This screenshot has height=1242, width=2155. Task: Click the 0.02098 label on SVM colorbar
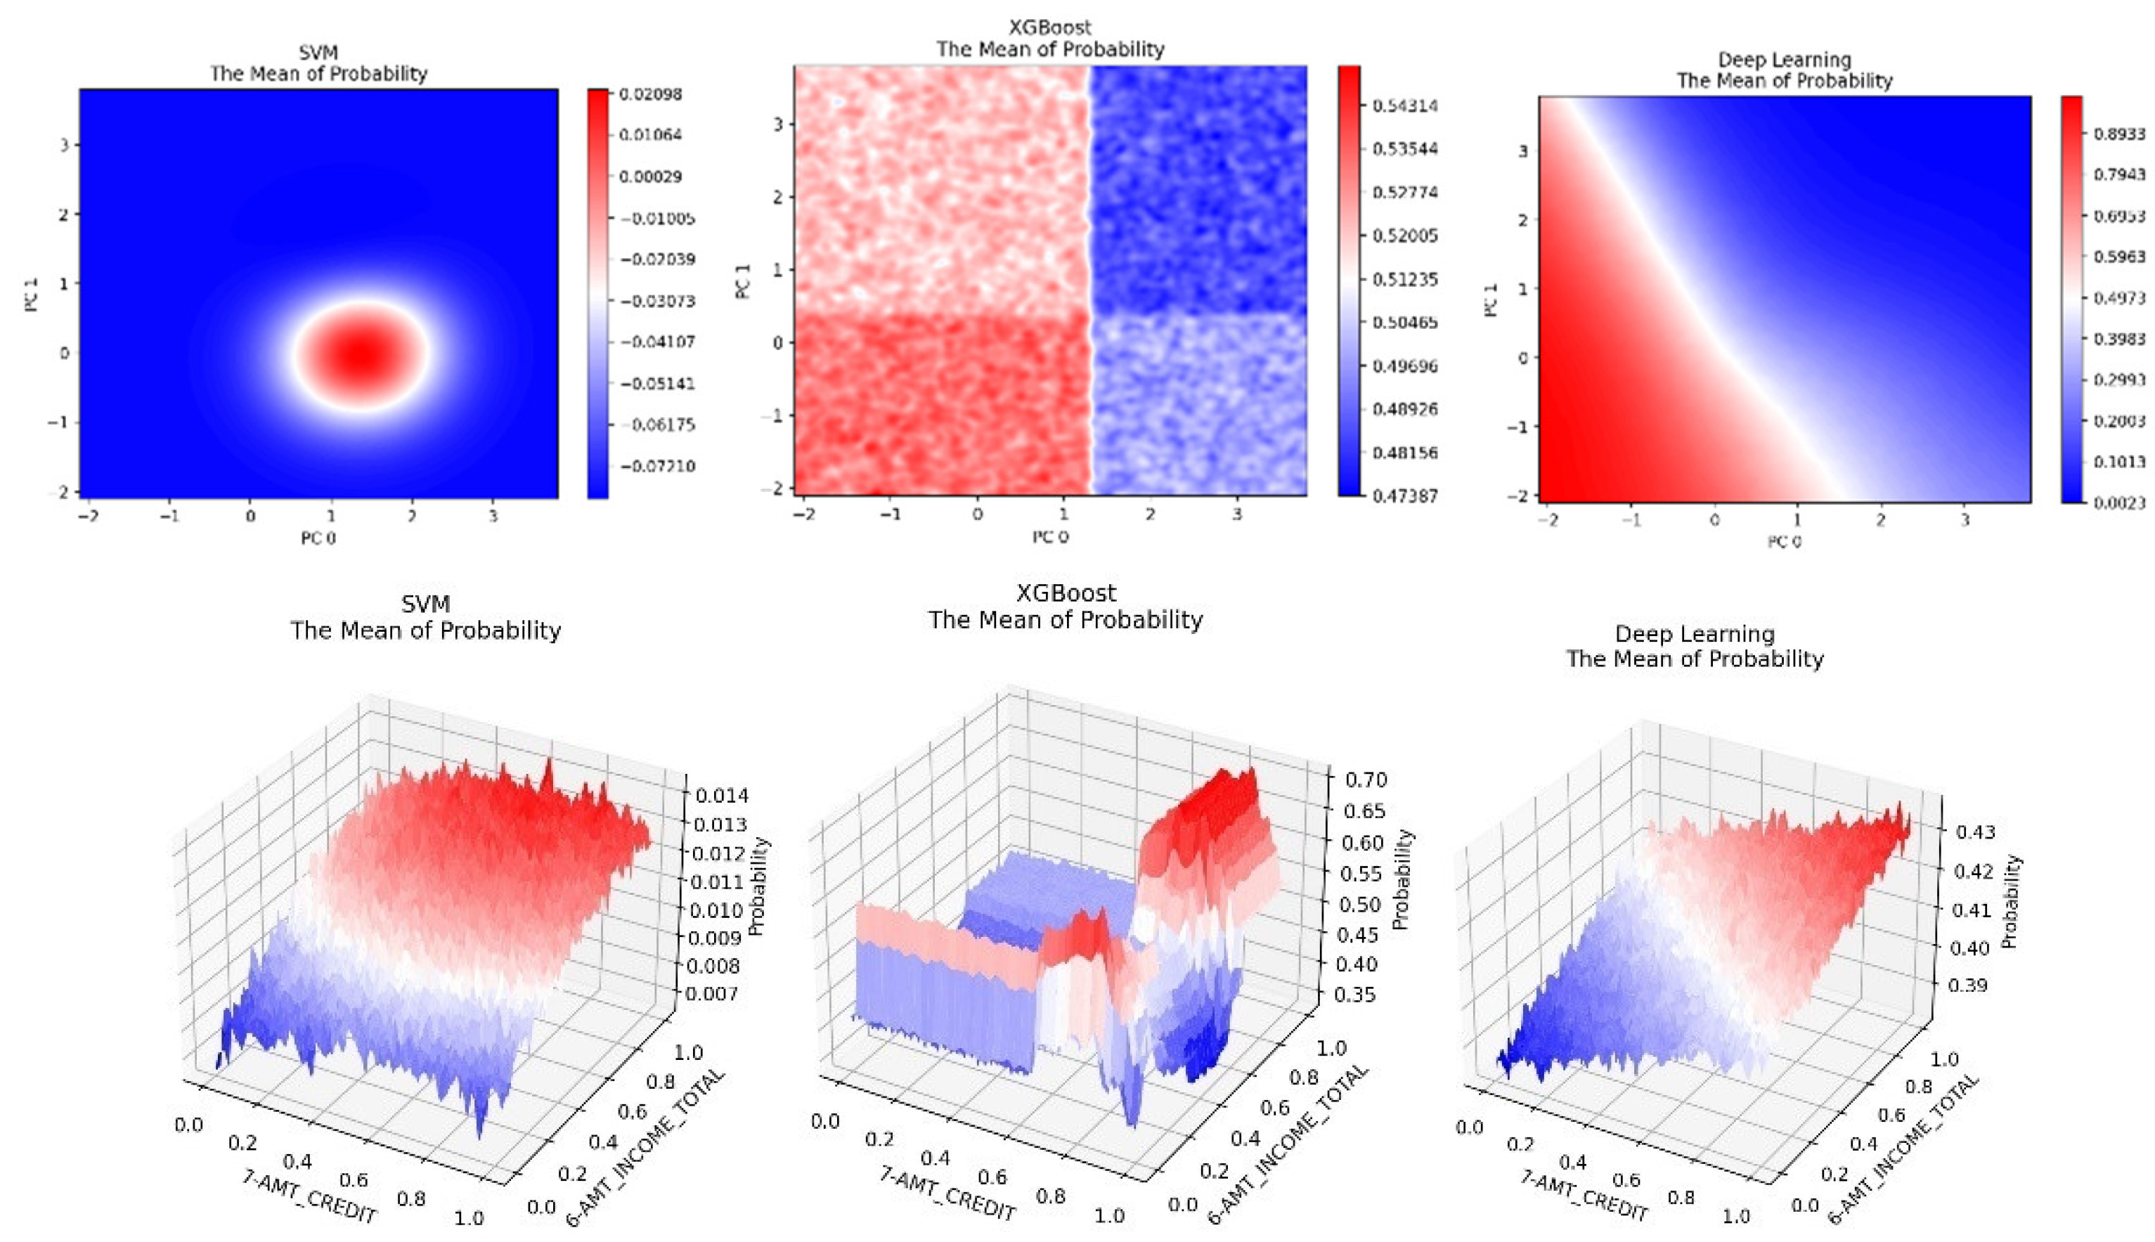coord(650,95)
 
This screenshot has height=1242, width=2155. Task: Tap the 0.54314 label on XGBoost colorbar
coord(1404,105)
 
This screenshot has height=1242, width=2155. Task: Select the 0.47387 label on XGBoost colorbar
coord(1404,496)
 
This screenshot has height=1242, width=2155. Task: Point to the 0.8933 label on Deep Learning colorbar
coord(2119,134)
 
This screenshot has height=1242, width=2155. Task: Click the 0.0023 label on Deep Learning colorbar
coord(2119,503)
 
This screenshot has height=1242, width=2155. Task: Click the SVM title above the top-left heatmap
coord(318,53)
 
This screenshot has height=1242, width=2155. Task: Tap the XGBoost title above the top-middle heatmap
coord(1050,27)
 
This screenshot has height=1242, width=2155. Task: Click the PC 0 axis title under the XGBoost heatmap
coord(1050,536)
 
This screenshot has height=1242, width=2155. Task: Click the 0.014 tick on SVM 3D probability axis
coord(721,796)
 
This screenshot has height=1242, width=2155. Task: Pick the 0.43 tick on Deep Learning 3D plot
coord(1974,832)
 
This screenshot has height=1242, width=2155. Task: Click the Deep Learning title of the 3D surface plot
coord(1695,634)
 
